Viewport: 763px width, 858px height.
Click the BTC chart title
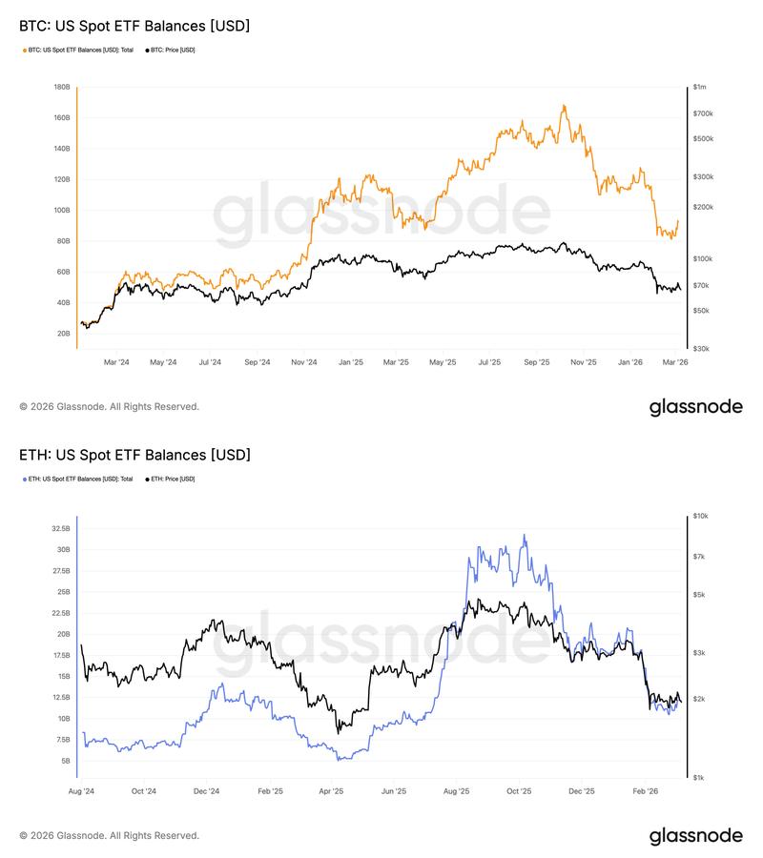(x=134, y=26)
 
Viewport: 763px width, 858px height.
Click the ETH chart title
(x=134, y=455)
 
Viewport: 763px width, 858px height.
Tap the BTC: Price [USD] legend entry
(x=172, y=50)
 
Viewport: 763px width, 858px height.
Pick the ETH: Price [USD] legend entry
(x=172, y=479)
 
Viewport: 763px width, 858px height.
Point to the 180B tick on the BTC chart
(x=61, y=87)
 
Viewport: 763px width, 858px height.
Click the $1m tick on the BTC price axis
(x=700, y=87)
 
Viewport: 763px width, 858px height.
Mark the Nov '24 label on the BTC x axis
(x=304, y=362)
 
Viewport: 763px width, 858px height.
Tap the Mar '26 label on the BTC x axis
(x=675, y=362)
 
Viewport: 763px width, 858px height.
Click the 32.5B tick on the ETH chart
(x=60, y=528)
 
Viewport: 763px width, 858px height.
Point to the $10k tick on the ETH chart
(x=701, y=516)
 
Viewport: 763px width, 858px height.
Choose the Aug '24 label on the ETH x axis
(x=82, y=791)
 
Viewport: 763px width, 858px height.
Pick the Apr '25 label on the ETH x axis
(x=331, y=791)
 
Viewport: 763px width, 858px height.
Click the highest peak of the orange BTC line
(x=564, y=105)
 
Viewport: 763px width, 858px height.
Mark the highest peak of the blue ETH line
(x=524, y=535)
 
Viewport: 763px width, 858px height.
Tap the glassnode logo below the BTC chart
(x=695, y=407)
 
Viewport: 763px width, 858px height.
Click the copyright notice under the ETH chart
(x=109, y=836)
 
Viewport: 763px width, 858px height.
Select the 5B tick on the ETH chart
(x=64, y=761)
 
